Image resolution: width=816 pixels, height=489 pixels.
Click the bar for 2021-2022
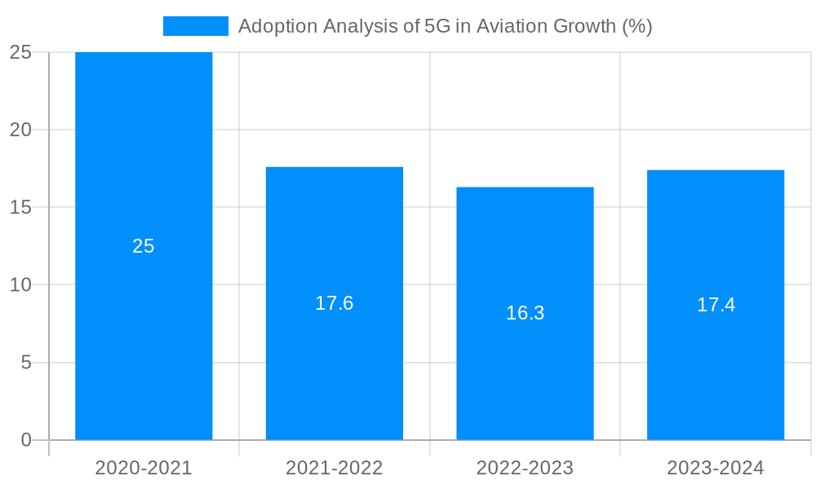(x=335, y=367)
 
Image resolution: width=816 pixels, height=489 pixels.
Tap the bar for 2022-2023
(x=525, y=375)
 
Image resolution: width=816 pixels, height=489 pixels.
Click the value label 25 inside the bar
(x=144, y=246)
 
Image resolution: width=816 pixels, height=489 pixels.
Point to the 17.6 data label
(x=335, y=303)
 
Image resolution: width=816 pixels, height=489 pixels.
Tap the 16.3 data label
(x=525, y=313)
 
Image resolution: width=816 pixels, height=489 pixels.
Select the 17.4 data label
(x=716, y=305)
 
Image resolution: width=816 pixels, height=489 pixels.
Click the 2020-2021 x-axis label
(x=144, y=468)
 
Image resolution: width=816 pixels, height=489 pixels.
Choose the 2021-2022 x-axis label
(x=335, y=468)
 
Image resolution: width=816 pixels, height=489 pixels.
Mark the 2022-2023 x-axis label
(x=525, y=468)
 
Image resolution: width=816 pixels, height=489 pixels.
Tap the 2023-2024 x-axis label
(x=716, y=468)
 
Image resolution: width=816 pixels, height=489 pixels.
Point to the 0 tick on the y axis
(x=26, y=440)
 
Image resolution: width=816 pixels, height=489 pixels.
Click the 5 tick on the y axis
(x=26, y=363)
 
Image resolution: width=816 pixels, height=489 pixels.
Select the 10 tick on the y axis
(x=21, y=284)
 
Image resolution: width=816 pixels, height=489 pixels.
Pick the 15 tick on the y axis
(x=21, y=207)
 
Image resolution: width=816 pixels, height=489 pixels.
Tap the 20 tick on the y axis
(x=21, y=130)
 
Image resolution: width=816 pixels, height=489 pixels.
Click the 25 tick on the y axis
(x=21, y=52)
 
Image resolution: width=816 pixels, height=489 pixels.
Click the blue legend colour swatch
(x=196, y=26)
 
